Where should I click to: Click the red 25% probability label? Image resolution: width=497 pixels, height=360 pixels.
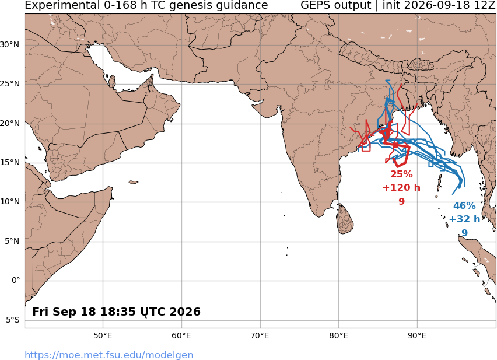[401, 174]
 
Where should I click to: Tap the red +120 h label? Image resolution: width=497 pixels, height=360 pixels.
[401, 188]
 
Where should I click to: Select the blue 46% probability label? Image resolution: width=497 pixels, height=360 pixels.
[464, 205]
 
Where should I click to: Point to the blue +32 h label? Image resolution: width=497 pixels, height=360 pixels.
[464, 219]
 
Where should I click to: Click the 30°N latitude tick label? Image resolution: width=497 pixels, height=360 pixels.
[9, 45]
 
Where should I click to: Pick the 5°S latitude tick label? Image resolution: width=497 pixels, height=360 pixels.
[13, 320]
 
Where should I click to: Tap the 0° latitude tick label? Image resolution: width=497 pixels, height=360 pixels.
[16, 281]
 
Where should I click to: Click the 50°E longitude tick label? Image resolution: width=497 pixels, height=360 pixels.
[103, 335]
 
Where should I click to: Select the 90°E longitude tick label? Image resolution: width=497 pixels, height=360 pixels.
[417, 335]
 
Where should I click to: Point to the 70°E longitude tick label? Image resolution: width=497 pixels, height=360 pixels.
[260, 335]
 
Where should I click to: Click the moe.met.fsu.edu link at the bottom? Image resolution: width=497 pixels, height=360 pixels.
[108, 355]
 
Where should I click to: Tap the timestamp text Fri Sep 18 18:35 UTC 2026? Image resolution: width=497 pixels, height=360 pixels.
[116, 312]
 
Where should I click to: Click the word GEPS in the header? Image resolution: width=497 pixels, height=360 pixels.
[335, 5]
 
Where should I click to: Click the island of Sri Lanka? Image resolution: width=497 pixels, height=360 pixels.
[345, 219]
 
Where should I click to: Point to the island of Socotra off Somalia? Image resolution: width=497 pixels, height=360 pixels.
[134, 182]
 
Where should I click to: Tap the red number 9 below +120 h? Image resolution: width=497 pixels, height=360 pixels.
[401, 201]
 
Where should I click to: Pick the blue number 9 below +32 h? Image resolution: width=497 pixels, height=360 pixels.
[464, 233]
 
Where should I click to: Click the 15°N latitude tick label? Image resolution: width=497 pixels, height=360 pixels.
[9, 163]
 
